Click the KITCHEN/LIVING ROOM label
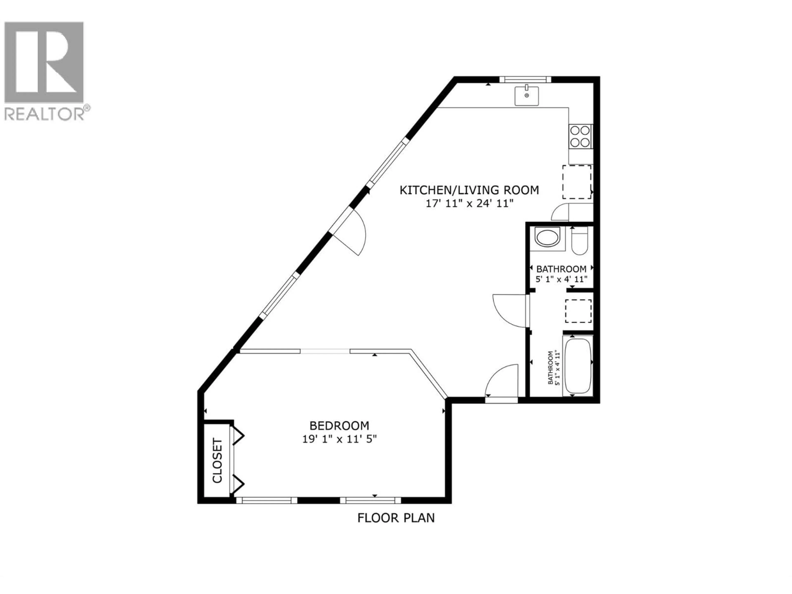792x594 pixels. (x=469, y=190)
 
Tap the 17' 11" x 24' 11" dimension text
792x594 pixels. (x=469, y=204)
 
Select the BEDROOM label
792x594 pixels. (x=339, y=426)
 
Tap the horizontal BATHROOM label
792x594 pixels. (x=561, y=269)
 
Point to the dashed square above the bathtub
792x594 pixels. (x=578, y=311)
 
